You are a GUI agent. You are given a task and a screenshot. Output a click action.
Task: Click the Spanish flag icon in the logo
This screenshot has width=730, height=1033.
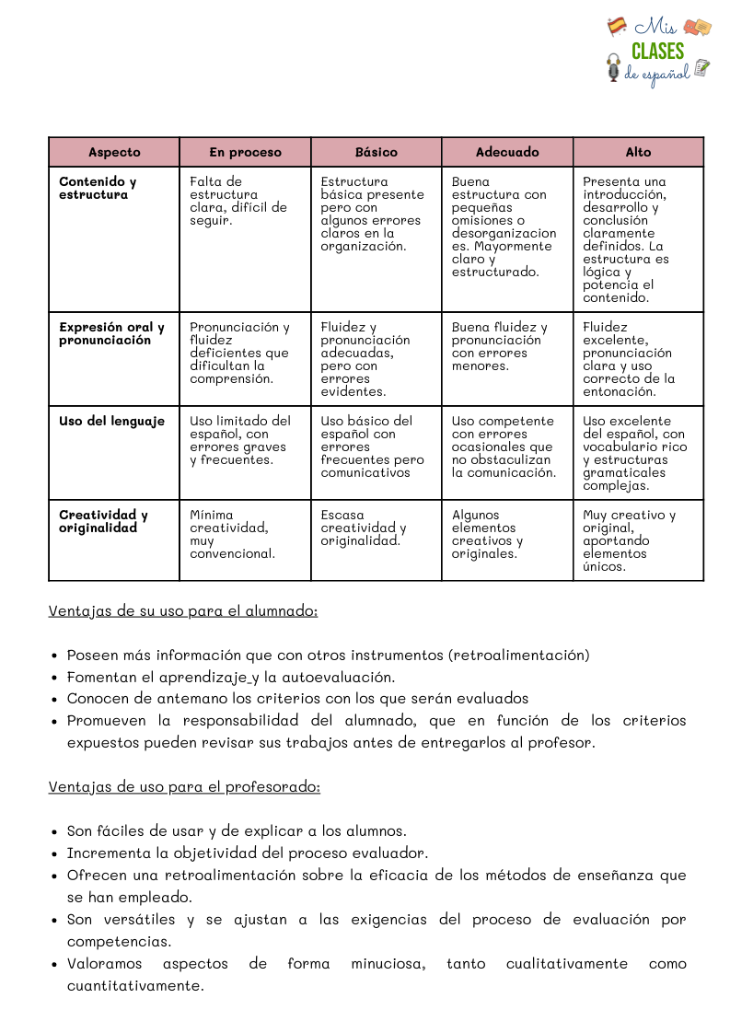click(617, 27)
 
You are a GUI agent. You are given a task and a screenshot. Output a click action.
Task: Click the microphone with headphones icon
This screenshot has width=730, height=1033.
click(614, 68)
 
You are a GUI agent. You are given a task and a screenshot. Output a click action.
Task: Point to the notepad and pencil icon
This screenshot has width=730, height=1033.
click(702, 67)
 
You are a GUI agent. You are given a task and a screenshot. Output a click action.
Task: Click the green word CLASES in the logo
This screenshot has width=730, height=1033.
click(657, 52)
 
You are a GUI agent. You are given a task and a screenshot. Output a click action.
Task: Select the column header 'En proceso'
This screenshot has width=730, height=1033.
click(245, 152)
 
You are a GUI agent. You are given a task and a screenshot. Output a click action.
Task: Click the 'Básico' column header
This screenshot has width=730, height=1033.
click(377, 152)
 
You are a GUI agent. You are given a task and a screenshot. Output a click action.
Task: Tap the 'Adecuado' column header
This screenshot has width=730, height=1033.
click(507, 152)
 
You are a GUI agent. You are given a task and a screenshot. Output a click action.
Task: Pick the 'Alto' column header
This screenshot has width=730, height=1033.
click(638, 152)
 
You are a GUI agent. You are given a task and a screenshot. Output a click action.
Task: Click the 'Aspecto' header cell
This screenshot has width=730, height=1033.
click(114, 152)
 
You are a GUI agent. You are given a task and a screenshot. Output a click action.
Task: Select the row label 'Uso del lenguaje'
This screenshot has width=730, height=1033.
click(111, 421)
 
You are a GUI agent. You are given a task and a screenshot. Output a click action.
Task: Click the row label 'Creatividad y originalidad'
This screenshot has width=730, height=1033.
click(103, 521)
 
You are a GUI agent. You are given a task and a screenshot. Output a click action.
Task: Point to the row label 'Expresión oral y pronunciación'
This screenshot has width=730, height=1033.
click(111, 333)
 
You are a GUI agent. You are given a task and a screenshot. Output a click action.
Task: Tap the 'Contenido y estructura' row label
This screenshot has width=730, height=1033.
click(98, 188)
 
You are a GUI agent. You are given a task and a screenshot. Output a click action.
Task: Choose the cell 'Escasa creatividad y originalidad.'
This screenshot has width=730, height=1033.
click(364, 528)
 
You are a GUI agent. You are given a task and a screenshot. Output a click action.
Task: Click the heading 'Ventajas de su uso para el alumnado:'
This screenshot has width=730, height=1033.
click(183, 610)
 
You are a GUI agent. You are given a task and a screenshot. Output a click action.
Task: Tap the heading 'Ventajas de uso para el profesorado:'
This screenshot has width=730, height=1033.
click(184, 787)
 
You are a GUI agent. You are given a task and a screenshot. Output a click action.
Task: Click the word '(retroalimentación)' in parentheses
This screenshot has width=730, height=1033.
click(518, 656)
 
